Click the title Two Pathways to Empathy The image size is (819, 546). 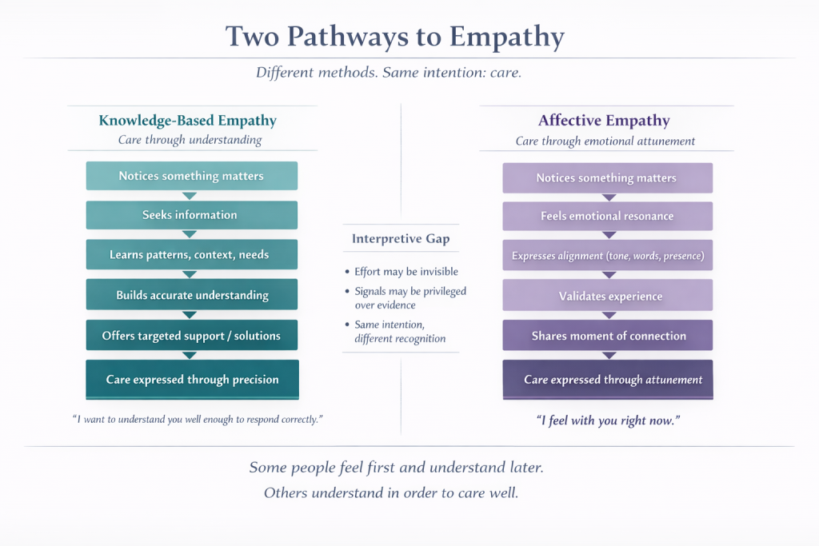pos(395,37)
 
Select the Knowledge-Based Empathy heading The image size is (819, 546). pos(187,121)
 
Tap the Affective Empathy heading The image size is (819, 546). pos(604,121)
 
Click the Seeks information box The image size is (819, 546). pos(190,215)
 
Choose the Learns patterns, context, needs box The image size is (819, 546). pos(190,255)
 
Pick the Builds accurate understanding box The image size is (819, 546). pos(192,295)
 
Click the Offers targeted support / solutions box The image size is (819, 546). pos(192,336)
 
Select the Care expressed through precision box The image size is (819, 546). pos(192,380)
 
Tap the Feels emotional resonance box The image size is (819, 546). pos(607,216)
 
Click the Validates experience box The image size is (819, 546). pos(607,297)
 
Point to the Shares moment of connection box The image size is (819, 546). pos(608,337)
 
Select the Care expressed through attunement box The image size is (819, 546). pos(608,380)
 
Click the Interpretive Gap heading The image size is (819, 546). pos(401,239)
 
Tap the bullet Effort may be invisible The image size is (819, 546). pos(406,272)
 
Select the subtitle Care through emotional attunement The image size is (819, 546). pos(605,141)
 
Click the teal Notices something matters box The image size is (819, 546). pos(190,176)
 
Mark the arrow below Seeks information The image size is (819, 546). pos(190,234)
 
